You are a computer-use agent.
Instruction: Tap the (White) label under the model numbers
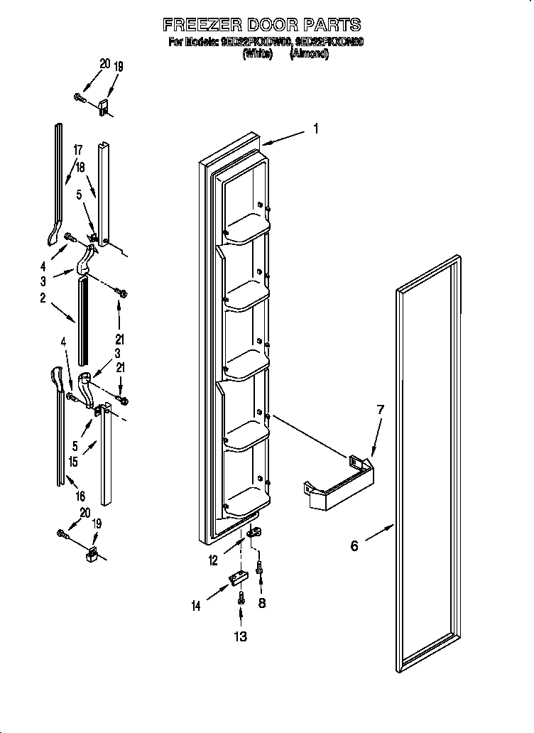(257, 53)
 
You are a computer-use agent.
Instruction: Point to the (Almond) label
(309, 53)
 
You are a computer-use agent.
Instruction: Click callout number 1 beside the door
(316, 129)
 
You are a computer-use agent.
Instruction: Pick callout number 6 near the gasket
(354, 545)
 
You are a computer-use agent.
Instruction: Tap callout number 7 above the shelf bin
(380, 410)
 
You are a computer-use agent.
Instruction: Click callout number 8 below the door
(261, 602)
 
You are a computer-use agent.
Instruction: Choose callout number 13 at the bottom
(241, 636)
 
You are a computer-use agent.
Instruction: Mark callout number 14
(195, 605)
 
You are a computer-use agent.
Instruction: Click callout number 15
(74, 462)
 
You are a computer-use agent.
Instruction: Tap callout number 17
(77, 150)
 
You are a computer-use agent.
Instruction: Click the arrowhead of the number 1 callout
(265, 145)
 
